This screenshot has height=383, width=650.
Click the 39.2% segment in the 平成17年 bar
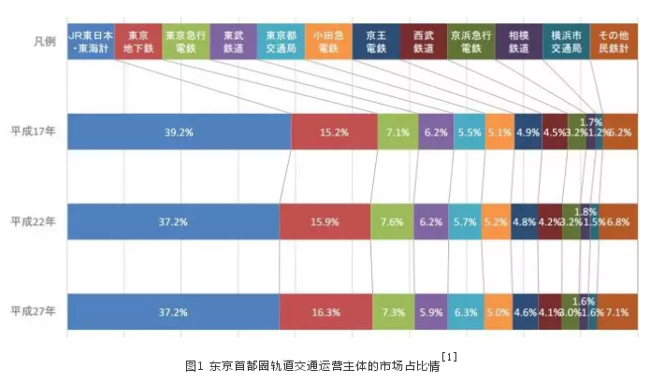pyautogui.click(x=179, y=133)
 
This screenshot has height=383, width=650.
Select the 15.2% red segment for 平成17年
pyautogui.click(x=335, y=133)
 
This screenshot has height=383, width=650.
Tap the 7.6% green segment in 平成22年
pyautogui.click(x=392, y=222)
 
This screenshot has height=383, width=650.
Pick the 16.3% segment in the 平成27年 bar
pyautogui.click(x=325, y=311)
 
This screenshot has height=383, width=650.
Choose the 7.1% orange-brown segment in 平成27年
pyautogui.click(x=618, y=311)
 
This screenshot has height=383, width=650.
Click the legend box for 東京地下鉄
pyautogui.click(x=137, y=41)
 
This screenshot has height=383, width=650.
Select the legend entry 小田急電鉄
pyautogui.click(x=327, y=41)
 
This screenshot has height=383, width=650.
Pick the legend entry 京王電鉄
pyautogui.click(x=376, y=41)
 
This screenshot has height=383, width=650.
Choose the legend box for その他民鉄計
pyautogui.click(x=614, y=41)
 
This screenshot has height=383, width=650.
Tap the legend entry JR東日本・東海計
pyautogui.click(x=91, y=41)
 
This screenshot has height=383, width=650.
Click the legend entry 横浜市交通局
pyautogui.click(x=567, y=41)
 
